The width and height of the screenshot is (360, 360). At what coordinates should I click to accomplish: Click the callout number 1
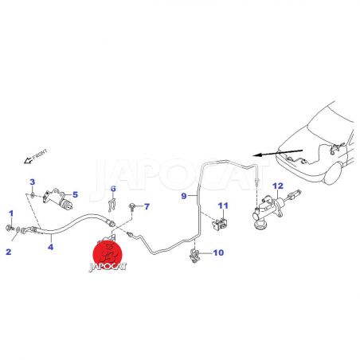(x=11, y=213)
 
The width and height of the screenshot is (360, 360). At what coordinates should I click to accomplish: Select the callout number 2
(x=9, y=252)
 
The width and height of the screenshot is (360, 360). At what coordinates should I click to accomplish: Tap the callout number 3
(x=32, y=182)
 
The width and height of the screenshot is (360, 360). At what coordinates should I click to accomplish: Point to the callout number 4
(x=50, y=247)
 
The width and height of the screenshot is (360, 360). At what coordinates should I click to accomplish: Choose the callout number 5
(x=76, y=194)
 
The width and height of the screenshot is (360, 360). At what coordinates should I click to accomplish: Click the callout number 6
(x=113, y=189)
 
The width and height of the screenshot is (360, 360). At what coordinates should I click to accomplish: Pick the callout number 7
(x=147, y=206)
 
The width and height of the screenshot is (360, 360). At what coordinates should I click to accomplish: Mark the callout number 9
(x=184, y=196)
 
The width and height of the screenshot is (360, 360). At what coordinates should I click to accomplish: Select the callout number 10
(x=218, y=252)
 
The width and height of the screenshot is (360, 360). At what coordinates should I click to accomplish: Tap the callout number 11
(x=223, y=205)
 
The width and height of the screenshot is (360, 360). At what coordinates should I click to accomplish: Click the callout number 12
(x=278, y=186)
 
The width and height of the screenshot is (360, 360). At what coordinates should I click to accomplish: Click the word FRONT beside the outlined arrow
(x=40, y=155)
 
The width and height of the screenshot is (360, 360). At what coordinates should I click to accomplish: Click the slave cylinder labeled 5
(x=57, y=199)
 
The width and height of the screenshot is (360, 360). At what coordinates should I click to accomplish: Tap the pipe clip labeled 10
(x=194, y=256)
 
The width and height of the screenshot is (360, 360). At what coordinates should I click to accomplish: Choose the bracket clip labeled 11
(x=219, y=225)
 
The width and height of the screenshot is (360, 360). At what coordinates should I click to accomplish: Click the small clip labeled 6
(x=112, y=205)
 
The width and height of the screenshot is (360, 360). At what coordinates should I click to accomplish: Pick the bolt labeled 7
(x=132, y=206)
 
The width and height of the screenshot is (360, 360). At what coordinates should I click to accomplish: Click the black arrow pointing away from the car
(x=278, y=153)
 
